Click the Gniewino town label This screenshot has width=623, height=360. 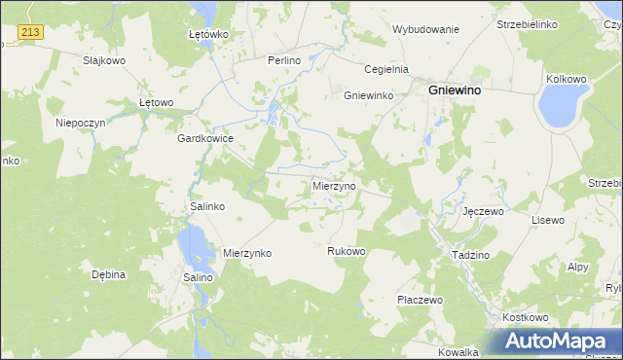click(x=458, y=90)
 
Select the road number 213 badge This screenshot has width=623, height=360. click(x=30, y=33)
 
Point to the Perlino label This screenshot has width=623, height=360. click(x=285, y=59)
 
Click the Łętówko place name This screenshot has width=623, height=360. click(x=207, y=34)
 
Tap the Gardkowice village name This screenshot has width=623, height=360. click(x=204, y=138)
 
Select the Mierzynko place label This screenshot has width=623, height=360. click(x=247, y=253)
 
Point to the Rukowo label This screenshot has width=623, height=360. click(x=346, y=251)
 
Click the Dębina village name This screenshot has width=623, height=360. click(x=109, y=274)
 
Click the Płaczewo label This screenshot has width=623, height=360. click(x=420, y=300)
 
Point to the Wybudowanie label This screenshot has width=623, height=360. click(x=425, y=29)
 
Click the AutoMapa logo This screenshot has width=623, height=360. click(x=558, y=341)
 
